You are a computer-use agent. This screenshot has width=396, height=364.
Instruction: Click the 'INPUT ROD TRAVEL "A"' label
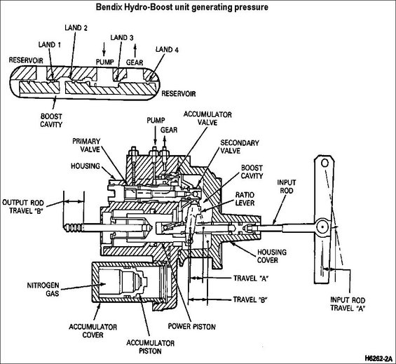pyautogui.click(x=348, y=304)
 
